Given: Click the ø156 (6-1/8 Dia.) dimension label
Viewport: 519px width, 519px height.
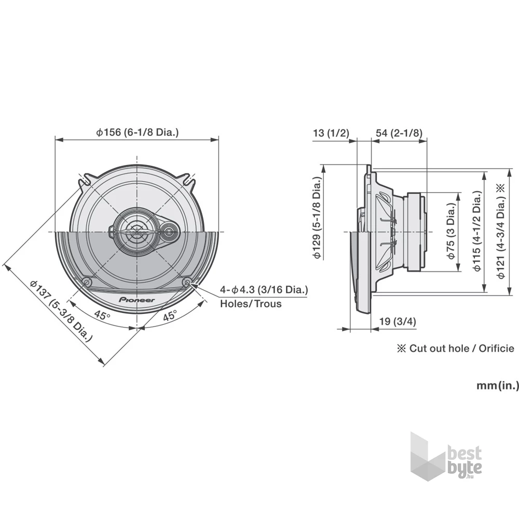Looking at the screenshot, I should [x=137, y=132].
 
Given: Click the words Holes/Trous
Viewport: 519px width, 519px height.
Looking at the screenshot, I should [x=251, y=303].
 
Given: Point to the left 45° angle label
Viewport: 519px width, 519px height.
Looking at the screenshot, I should [x=102, y=315].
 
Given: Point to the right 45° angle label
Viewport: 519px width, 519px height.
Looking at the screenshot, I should [x=169, y=315].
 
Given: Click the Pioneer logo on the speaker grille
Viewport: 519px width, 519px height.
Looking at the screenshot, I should [x=137, y=299].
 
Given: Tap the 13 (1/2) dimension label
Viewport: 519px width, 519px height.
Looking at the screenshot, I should [x=331, y=133].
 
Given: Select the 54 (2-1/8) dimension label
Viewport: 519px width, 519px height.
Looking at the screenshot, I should [x=399, y=133].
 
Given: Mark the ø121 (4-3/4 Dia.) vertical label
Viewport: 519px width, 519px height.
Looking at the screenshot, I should [x=500, y=231].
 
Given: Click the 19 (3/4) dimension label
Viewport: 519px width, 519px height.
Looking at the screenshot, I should [x=398, y=322].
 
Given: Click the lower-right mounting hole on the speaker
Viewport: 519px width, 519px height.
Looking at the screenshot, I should [x=187, y=282].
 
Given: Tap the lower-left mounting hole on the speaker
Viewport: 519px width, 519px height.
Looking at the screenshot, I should [x=87, y=282].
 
